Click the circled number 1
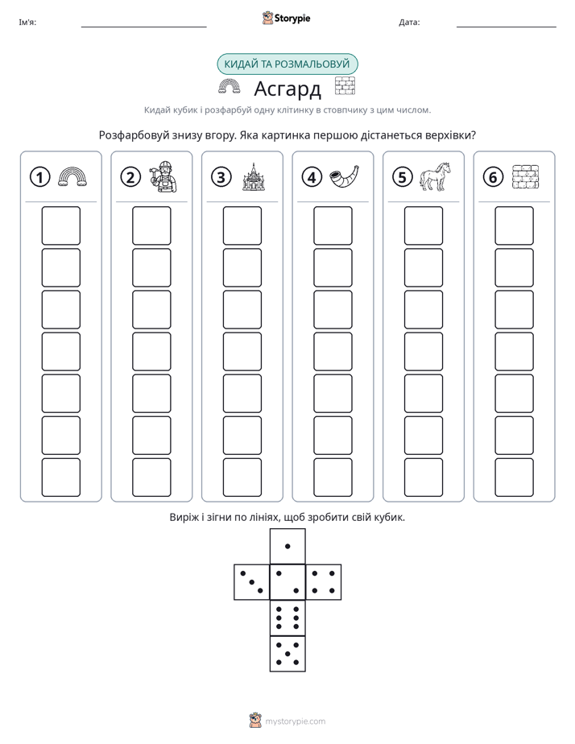[39, 177]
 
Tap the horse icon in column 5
[435, 176]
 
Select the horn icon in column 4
[344, 176]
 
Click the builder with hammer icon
[163, 176]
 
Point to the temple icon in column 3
[254, 176]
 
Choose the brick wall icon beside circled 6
[526, 177]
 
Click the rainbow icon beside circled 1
[72, 176]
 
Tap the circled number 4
[312, 177]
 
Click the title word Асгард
[287, 89]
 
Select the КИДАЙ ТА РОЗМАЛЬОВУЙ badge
[287, 64]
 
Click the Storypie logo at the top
[286, 18]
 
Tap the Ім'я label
[27, 23]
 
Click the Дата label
[409, 23]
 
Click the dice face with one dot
[287, 546]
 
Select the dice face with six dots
[287, 618]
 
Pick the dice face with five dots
[287, 654]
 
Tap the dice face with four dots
[324, 582]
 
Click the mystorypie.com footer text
[295, 721]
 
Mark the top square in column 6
[515, 225]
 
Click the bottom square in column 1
[60, 477]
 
